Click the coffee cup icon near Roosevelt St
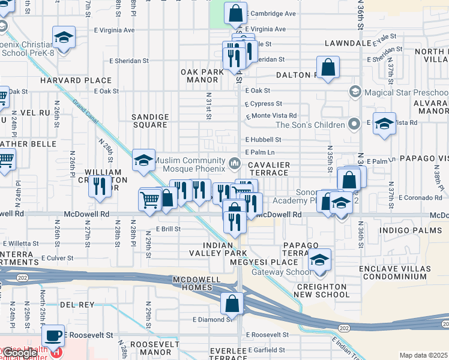pos(54,335)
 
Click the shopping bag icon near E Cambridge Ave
pos(236,12)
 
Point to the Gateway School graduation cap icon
pos(320,260)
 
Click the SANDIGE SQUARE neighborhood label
pos(149,121)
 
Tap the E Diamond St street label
pos(212,320)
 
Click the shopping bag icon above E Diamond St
pos(232,304)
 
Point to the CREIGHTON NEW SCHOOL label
pos(322,291)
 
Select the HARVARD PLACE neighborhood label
pos(76,80)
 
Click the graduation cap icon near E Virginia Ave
pos(64,37)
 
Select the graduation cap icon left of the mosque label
pos(143,160)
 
